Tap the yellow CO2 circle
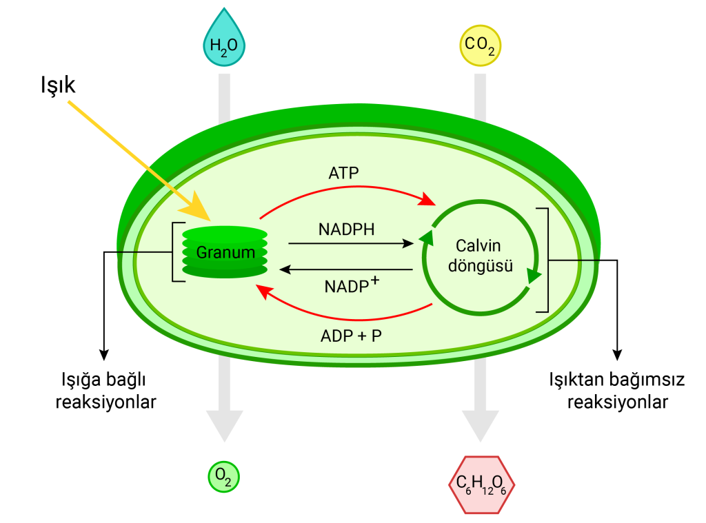click(x=480, y=45)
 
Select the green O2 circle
click(x=223, y=476)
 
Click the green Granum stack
click(x=225, y=252)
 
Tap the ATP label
click(x=343, y=172)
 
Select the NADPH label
click(x=347, y=229)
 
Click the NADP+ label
click(x=352, y=285)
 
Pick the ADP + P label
click(x=352, y=336)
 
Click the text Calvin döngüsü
click(x=478, y=255)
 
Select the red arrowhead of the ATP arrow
click(x=429, y=201)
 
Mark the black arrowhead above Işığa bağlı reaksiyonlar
click(x=104, y=354)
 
